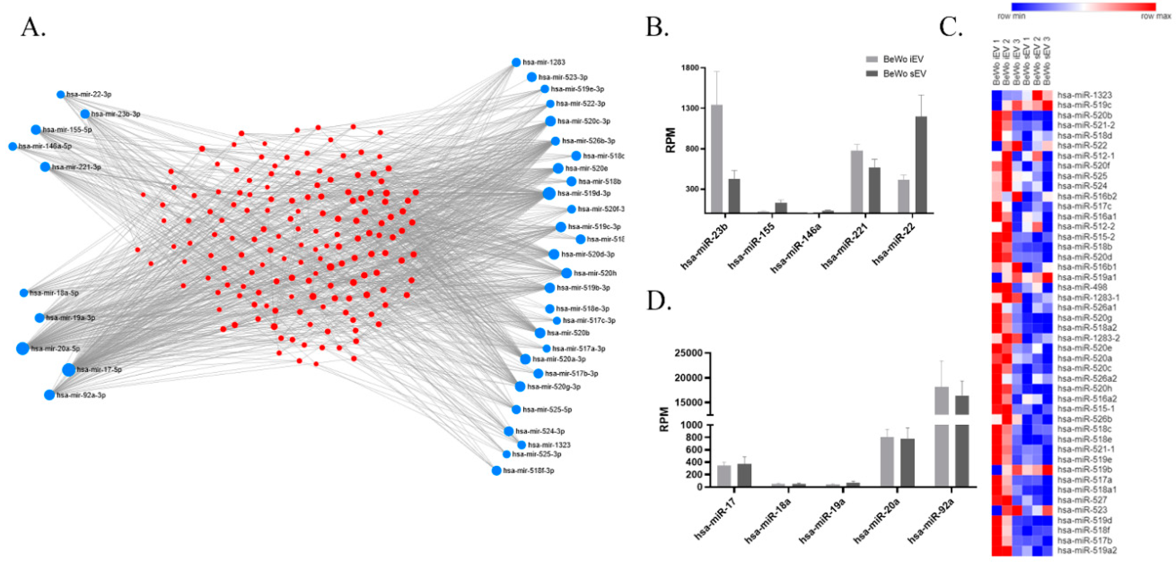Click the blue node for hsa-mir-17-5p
(69, 369)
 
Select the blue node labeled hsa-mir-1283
(516, 62)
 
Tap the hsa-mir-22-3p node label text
(89, 95)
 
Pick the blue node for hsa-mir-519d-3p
(549, 193)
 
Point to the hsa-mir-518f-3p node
(497, 470)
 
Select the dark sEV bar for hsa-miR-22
(921, 164)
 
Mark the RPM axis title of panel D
(665, 419)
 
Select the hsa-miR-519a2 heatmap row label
(1087, 551)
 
